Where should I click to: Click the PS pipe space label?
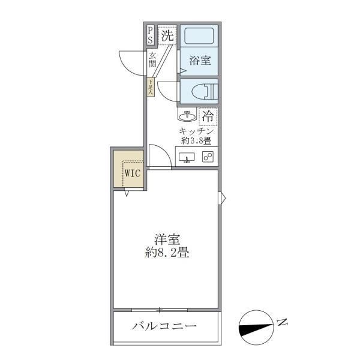click(x=150, y=35)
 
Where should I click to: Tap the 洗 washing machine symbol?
click(x=168, y=36)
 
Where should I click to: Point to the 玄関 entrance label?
click(x=153, y=59)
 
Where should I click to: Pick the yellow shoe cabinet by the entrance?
click(x=151, y=86)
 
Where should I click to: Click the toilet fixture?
click(x=200, y=92)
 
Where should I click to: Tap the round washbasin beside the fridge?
click(x=186, y=115)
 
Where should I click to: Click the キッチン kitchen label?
click(x=197, y=131)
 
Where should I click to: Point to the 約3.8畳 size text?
click(x=197, y=142)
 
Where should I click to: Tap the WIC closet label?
click(x=132, y=174)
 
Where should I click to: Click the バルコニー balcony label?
click(x=164, y=327)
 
